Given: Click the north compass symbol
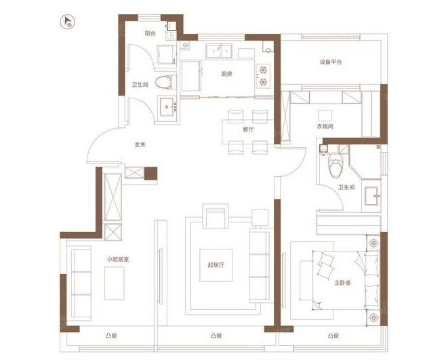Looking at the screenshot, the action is (x=68, y=22).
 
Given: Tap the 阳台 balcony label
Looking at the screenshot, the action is (x=150, y=33).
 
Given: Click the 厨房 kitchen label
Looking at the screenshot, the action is (x=226, y=74).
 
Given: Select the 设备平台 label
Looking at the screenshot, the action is (x=331, y=62).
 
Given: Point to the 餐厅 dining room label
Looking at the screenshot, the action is (x=248, y=129).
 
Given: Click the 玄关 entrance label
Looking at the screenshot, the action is (x=140, y=144).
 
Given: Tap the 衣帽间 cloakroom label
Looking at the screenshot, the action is (x=325, y=126).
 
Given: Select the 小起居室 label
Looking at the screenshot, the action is (x=118, y=259).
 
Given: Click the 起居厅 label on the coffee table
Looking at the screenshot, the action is (x=216, y=265).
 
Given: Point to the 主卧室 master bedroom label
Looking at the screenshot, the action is (x=342, y=283).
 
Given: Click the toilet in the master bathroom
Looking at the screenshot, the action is (x=336, y=166).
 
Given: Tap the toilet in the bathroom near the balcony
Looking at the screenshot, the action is (x=165, y=83).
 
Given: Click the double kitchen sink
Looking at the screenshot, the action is (x=219, y=51).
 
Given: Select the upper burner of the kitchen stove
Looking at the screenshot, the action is (x=263, y=70).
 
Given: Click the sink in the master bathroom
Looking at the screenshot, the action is (x=371, y=196).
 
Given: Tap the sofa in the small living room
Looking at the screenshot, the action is (x=81, y=283).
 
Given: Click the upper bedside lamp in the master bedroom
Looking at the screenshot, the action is (x=374, y=243).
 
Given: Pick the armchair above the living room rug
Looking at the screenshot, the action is (x=216, y=216).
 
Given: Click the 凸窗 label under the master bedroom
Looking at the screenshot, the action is (x=334, y=336).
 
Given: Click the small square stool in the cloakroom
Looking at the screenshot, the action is (x=325, y=115).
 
